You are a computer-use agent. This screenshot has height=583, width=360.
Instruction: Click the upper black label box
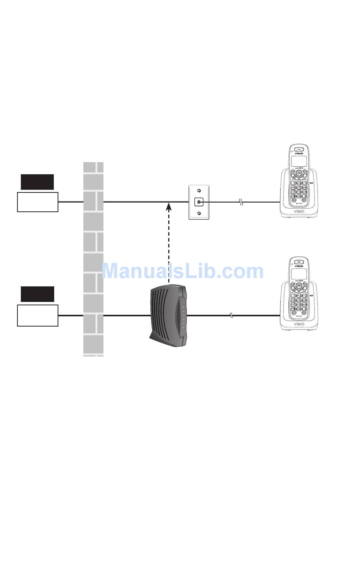pos(37,182)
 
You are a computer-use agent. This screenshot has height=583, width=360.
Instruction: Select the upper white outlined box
pos(38,202)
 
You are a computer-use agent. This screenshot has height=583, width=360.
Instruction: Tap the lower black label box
pos(37,294)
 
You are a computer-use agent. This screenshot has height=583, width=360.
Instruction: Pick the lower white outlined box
pos(38,315)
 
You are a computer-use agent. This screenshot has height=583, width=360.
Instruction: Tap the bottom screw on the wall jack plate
pos(199,213)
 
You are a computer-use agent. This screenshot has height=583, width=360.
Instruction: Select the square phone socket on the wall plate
pos(199,202)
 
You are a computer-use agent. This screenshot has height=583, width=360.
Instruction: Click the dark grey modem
pos(168,316)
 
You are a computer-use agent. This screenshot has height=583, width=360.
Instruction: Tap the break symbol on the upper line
pos(240,202)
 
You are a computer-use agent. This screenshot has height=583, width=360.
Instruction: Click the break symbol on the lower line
pos(232,315)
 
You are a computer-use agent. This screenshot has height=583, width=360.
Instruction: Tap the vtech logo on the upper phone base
pos(299,211)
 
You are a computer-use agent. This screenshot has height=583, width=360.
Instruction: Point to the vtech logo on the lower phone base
pos(299,324)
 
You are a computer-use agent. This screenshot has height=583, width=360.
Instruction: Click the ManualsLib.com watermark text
pos(183,271)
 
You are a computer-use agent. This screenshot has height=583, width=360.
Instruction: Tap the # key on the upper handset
pos(305,196)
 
